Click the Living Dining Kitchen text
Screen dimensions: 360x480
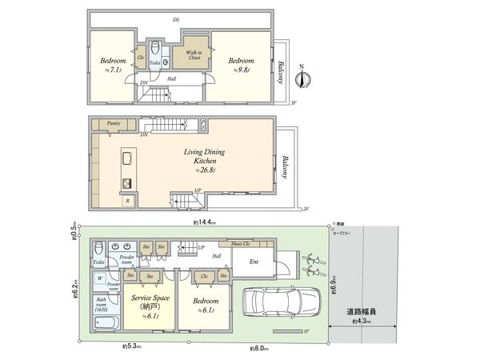coord(206,154)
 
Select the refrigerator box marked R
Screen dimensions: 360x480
coord(129,200)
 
